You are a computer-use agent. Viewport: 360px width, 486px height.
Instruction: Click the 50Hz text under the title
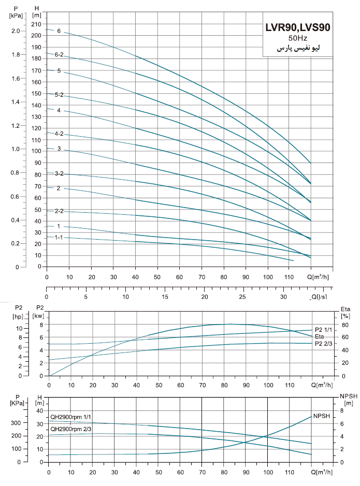[x=297, y=39]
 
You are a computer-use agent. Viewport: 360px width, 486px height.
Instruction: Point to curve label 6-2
[x=59, y=54]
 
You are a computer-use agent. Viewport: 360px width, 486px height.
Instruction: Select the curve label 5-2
[x=59, y=95]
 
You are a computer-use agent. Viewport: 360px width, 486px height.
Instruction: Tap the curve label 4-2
[x=59, y=134]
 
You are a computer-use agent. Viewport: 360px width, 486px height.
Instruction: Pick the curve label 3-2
[x=59, y=173]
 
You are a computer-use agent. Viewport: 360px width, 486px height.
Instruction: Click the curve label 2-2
[x=59, y=211]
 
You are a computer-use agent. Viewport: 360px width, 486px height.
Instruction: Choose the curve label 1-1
[x=59, y=237]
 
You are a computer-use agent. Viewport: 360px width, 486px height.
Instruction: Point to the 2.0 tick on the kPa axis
[x=15, y=31]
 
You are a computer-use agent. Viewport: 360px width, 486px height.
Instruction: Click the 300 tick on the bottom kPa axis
[x=16, y=423]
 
